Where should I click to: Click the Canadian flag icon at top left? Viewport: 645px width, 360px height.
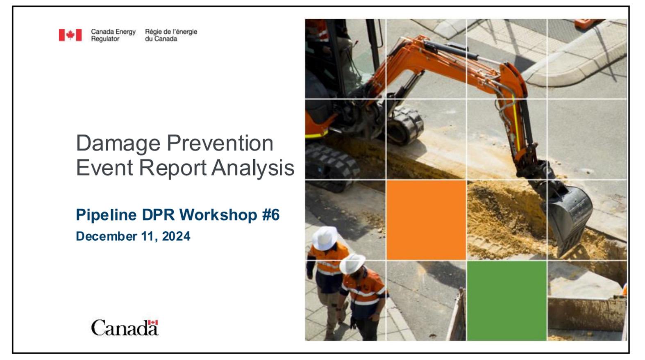[x=70, y=35]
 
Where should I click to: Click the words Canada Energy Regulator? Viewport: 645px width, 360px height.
[x=113, y=35]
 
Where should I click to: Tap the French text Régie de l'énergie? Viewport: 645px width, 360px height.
[x=171, y=32]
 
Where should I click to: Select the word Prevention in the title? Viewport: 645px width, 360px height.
[x=220, y=143]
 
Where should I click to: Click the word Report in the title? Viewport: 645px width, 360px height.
[x=173, y=168]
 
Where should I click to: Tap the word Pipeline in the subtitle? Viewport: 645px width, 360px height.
[x=106, y=215]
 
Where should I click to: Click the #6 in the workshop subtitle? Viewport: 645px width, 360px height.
[x=270, y=214]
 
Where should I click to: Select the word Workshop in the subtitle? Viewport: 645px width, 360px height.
[x=218, y=214]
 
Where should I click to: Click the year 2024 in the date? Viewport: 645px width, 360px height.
[x=176, y=236]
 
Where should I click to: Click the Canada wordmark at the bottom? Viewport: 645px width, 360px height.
[x=125, y=328]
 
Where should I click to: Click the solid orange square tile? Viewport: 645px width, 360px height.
[x=426, y=220]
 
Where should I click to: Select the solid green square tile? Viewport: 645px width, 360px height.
[x=506, y=301]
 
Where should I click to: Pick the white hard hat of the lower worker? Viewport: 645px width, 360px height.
[x=352, y=263]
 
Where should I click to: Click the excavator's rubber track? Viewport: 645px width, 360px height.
[x=332, y=164]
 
